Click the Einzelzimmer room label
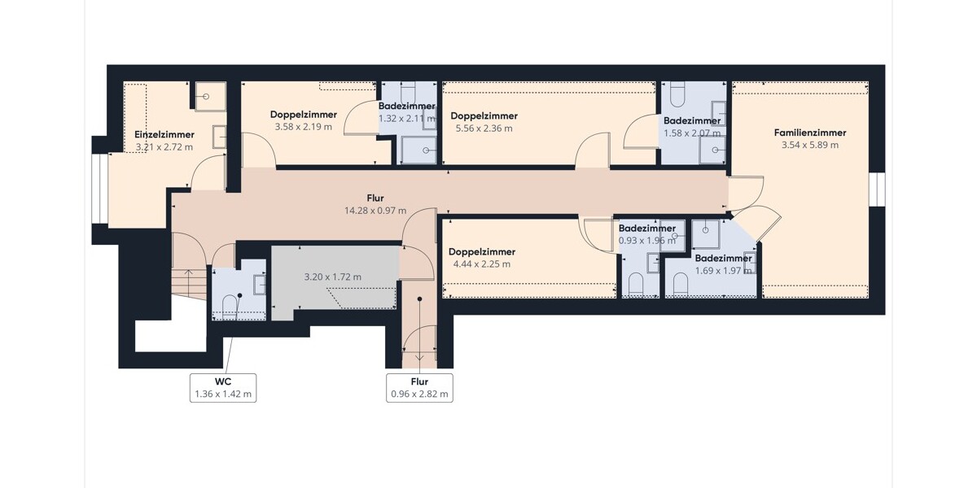click(x=164, y=135)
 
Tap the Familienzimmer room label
click(x=810, y=133)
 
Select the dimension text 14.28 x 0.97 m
click(x=375, y=211)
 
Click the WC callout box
click(x=223, y=388)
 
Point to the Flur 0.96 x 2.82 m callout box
click(x=419, y=388)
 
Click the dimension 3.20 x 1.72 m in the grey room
click(x=333, y=277)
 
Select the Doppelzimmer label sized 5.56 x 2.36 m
click(x=484, y=115)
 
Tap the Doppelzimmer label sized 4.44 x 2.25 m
click(x=482, y=252)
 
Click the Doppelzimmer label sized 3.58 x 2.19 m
click(x=304, y=115)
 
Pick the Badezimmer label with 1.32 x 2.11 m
click(x=406, y=106)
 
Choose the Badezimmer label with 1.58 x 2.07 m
click(x=692, y=120)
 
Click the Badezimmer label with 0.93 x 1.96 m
click(x=646, y=229)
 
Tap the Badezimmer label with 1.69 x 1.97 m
click(x=723, y=259)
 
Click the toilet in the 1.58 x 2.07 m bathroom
click(x=677, y=95)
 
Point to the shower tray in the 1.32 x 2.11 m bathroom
click(x=418, y=150)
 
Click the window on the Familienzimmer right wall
click(x=877, y=189)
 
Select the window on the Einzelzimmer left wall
click(x=100, y=189)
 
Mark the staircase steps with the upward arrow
click(x=189, y=284)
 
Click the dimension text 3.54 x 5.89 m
click(x=810, y=145)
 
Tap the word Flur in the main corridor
click(x=375, y=198)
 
